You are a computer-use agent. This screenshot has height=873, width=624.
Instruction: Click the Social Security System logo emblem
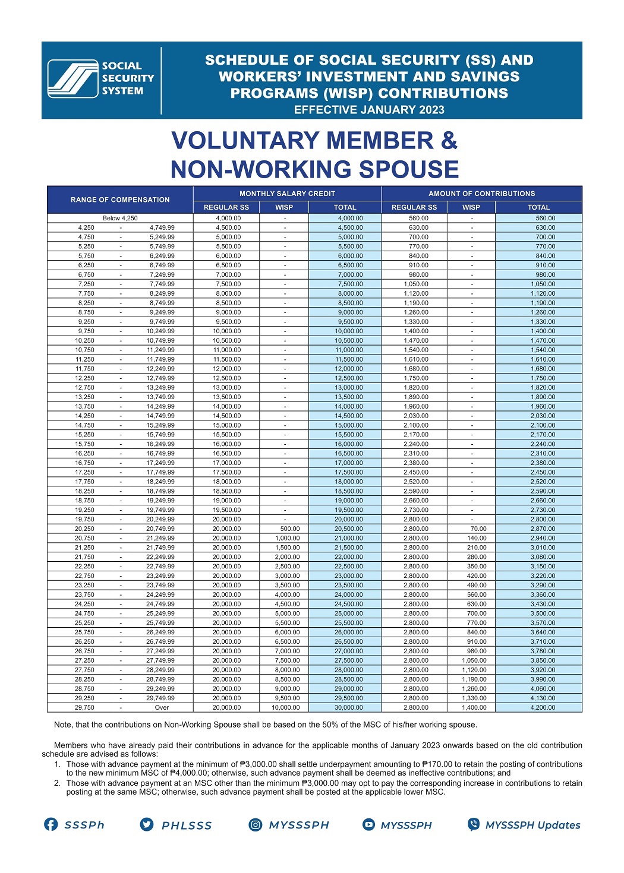(73, 78)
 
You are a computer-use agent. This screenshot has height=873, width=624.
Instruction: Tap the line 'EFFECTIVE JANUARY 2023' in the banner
(369, 110)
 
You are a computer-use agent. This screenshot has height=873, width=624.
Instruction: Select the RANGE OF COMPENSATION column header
(120, 200)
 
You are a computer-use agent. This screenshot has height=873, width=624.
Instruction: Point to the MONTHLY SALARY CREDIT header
(287, 194)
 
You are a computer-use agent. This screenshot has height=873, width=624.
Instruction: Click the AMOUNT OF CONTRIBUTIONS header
(481, 194)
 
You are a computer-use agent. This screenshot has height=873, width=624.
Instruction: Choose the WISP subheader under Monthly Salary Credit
(284, 207)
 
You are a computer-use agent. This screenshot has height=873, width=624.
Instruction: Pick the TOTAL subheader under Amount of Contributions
(538, 207)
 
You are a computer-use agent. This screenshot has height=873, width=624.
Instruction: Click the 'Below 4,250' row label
(120, 218)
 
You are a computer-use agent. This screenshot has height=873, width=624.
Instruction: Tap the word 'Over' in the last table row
(162, 707)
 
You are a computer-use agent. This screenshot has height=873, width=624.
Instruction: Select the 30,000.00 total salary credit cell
(348, 707)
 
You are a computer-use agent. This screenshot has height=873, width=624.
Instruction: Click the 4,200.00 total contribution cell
(543, 707)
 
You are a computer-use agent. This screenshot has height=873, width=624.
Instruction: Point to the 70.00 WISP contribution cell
(478, 529)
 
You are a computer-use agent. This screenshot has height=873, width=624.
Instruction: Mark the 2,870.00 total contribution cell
(543, 529)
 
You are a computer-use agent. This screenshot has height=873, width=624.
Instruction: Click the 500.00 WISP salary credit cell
(290, 529)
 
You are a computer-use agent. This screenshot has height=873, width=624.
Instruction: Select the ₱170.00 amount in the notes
(437, 764)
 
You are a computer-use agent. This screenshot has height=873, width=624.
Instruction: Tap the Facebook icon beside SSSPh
(51, 824)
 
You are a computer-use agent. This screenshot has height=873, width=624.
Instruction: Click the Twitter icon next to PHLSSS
(146, 824)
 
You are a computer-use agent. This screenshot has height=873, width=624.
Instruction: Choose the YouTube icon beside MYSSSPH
(369, 824)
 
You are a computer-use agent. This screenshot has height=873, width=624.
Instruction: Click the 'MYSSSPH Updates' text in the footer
(532, 825)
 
